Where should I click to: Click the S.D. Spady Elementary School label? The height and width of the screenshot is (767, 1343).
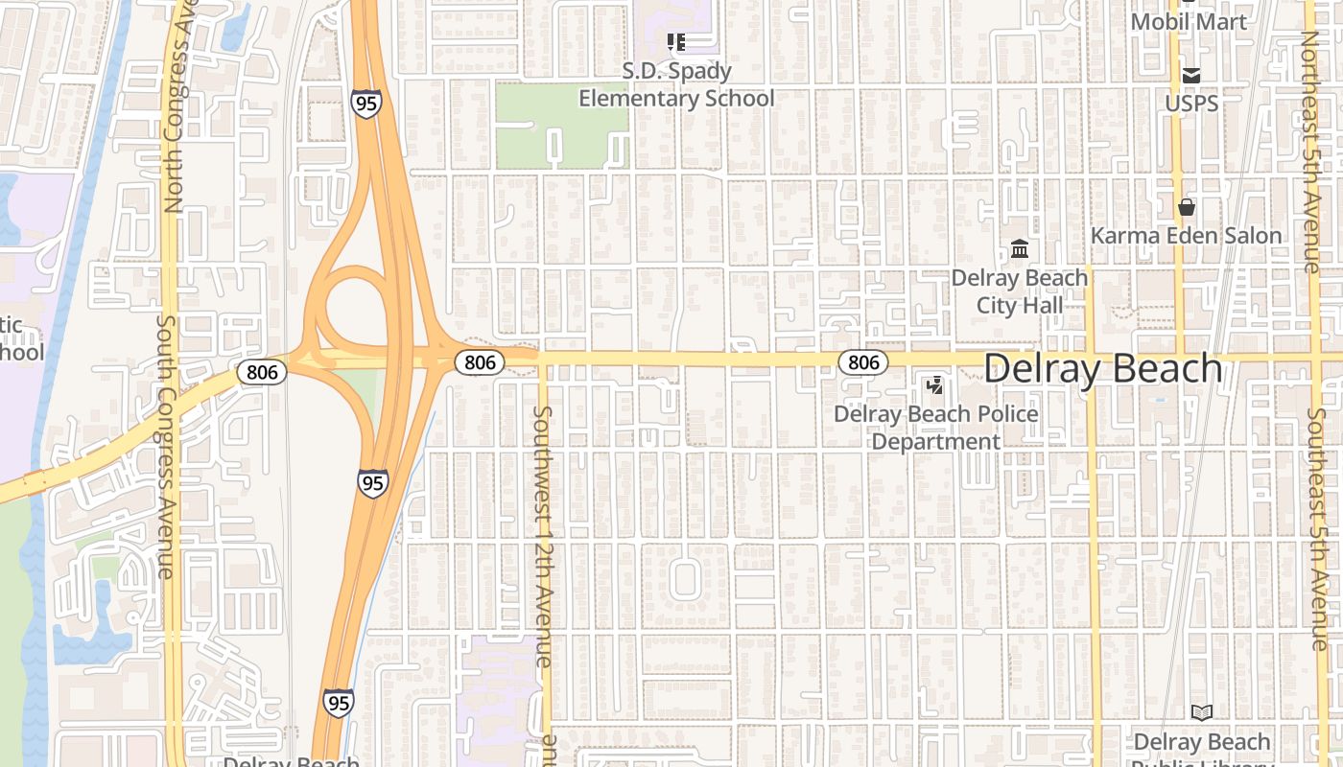676,84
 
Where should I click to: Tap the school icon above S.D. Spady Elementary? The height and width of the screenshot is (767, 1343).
676,41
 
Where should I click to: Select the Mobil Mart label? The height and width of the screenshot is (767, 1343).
1189,21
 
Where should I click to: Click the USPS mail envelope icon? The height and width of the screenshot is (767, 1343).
1191,75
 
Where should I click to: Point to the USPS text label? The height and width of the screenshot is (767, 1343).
1191,103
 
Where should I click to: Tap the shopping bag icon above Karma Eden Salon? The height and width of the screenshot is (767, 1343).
1187,207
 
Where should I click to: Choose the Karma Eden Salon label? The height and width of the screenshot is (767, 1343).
1187,236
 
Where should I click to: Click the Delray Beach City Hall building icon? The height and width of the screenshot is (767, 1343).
1020,249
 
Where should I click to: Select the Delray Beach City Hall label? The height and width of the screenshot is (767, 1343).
1020,291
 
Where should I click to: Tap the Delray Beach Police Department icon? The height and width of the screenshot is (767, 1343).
934,385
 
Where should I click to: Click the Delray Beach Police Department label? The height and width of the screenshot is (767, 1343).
936,428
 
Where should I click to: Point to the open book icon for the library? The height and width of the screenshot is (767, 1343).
1202,712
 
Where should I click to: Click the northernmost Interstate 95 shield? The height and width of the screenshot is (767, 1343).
365,103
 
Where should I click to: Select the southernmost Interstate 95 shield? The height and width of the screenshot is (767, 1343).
338,703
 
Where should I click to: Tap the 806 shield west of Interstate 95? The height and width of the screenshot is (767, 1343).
263,372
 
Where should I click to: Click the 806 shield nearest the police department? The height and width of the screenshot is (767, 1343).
863,361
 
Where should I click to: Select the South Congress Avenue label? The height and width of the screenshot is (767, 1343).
165,446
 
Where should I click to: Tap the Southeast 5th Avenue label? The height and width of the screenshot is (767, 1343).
1318,529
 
